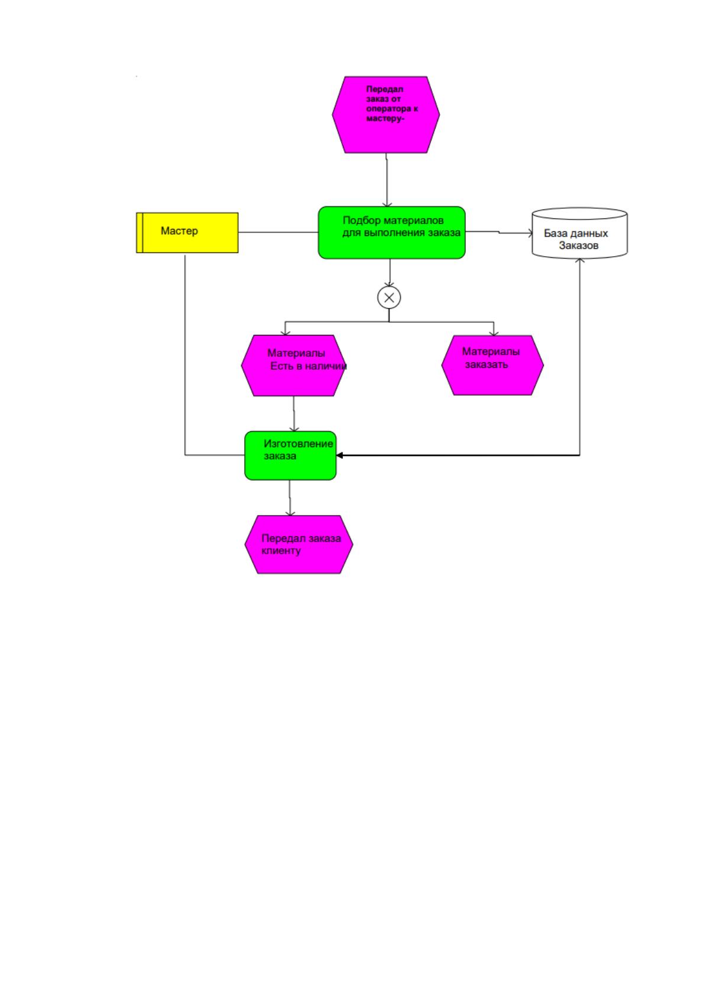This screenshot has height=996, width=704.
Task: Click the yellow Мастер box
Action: (187, 232)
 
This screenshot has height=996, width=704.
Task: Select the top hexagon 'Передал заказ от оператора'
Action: (386, 115)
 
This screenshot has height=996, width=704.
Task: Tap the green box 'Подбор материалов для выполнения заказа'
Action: (391, 232)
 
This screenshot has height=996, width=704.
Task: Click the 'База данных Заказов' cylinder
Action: (579, 233)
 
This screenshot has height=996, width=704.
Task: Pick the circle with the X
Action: (389, 297)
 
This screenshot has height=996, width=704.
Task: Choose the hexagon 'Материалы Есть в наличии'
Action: (293, 366)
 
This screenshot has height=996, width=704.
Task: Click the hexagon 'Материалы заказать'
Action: (492, 365)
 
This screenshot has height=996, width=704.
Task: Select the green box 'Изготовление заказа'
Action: (290, 455)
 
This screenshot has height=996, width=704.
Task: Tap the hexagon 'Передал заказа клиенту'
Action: (299, 544)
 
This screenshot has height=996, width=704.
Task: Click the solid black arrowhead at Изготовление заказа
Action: (339, 455)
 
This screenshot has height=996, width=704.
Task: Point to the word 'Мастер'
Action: (179, 231)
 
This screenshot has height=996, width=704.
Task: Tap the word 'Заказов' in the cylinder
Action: (579, 245)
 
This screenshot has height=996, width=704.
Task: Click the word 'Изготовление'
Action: (299, 444)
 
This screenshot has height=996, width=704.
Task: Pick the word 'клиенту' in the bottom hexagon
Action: (281, 551)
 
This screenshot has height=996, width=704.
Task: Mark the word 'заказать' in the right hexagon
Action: (486, 365)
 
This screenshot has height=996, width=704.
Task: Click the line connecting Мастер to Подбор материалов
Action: (278, 232)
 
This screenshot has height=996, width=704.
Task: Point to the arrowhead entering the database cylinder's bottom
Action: (579, 261)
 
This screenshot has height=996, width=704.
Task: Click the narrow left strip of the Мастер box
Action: (139, 232)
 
